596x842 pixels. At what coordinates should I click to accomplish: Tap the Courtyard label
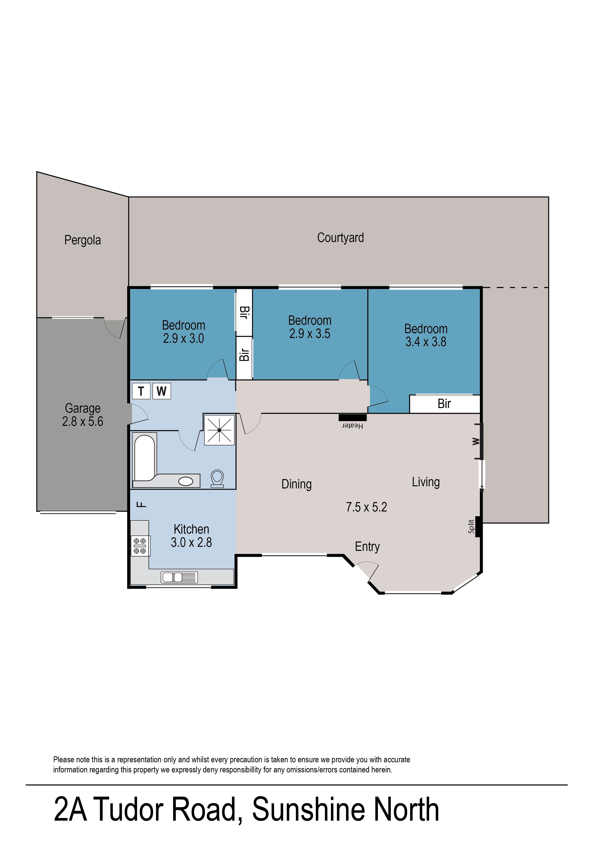coord(340,238)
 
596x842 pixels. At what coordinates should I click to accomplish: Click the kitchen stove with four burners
coord(140,546)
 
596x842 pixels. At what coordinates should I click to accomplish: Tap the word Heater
coord(353,426)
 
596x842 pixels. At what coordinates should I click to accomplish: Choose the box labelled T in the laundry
coord(141,391)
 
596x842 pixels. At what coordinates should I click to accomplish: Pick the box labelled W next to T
coord(161,391)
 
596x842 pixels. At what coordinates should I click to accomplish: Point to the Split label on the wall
coord(471,526)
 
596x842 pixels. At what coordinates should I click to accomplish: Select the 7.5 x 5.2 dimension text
coord(367,507)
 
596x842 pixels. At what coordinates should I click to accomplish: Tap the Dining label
coord(297,485)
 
